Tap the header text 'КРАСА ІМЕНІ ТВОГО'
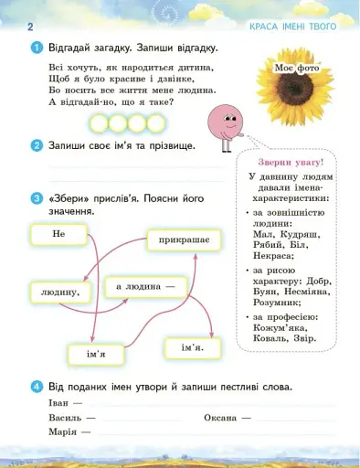pos(292,27)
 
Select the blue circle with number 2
pos(36,145)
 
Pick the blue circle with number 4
pos(36,386)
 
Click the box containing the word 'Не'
pos(59,235)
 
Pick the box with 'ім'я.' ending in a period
pos(191,346)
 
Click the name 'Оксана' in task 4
pos(220,417)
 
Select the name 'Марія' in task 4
pos(61,431)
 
